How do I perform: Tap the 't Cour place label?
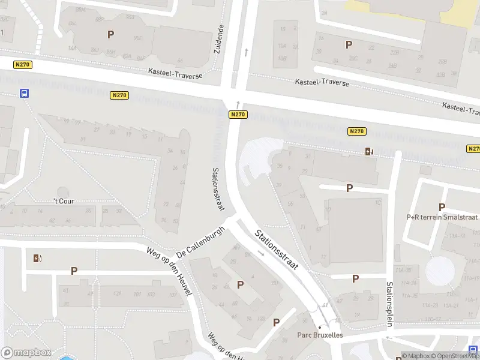pos(64,201)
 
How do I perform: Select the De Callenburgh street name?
pos(200,242)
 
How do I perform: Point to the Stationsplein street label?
pos(389,304)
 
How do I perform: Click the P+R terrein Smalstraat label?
pos(442,217)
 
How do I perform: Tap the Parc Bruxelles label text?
pos(320,335)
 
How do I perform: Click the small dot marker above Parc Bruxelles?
pos(320,326)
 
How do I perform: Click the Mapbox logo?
pos(26,353)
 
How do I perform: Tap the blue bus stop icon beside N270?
pos(25,93)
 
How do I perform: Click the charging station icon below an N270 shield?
pos(368,151)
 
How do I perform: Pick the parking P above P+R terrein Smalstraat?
pos(442,207)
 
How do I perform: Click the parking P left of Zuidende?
pos(110,34)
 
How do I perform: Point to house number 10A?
pos(282,46)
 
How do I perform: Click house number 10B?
pos(282,58)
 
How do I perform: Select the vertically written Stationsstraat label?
pos(217,188)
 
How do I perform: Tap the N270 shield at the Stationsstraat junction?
pos(238,114)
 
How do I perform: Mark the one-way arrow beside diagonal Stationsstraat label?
pos(261,253)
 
